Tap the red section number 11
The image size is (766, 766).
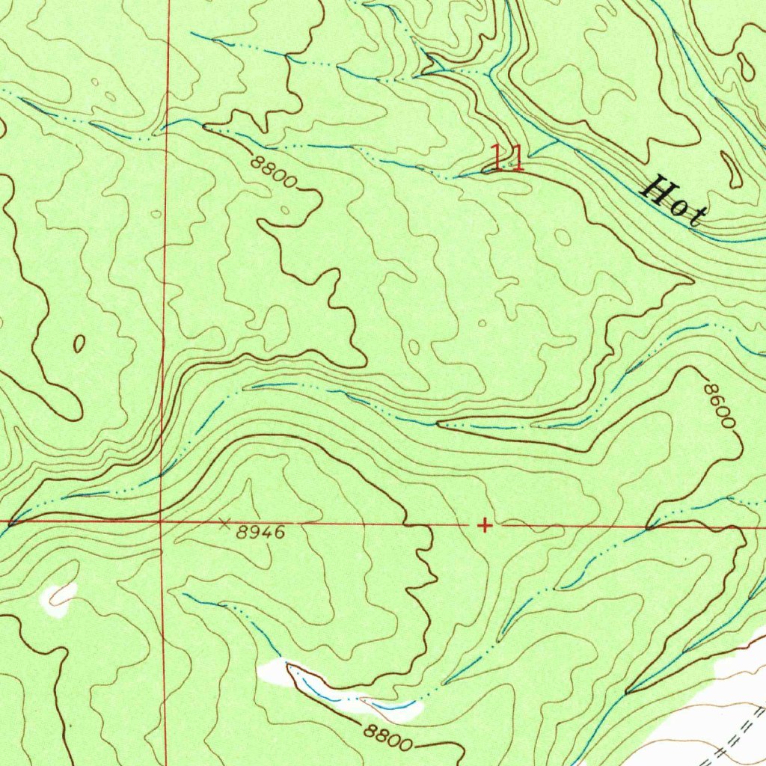pyautogui.click(x=506, y=158)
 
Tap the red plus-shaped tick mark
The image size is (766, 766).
pyautogui.click(x=485, y=526)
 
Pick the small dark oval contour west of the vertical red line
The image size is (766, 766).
pyautogui.click(x=79, y=343)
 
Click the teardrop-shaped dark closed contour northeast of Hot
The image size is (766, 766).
pyautogui.click(x=746, y=66)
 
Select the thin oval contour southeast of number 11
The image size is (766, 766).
pyautogui.click(x=562, y=237)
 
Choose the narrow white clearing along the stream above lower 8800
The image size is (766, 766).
pyautogui.click(x=329, y=688)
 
